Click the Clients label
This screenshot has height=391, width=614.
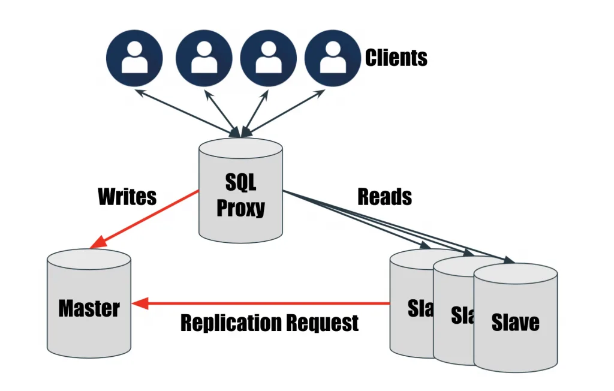396,58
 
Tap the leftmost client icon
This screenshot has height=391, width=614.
134,58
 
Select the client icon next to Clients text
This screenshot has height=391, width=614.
332,58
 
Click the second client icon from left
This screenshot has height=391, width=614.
204,58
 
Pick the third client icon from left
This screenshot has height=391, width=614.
268,58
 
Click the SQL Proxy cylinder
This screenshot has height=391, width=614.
240,191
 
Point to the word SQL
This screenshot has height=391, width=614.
240,182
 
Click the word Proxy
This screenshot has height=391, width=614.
240,208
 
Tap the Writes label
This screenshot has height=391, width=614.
127,196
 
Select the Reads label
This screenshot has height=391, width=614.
384,196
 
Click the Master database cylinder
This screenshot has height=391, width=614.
89,303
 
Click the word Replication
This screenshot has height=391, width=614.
231,323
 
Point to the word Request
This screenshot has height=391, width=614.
322,324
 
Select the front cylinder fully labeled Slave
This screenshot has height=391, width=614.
515,318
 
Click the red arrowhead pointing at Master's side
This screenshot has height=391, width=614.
140,303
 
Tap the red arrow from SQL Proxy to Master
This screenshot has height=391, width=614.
144,219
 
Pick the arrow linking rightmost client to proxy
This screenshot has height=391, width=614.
284,113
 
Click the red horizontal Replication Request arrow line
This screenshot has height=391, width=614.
261,303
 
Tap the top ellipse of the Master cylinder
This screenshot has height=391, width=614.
89,259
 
